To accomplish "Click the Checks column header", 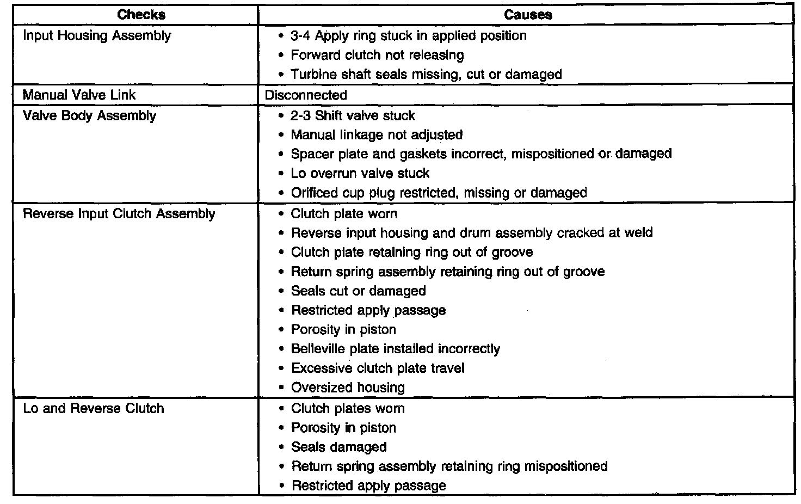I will (x=141, y=15).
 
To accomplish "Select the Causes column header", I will (x=527, y=15).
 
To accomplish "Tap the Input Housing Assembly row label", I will (x=97, y=36).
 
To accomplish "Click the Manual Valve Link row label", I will (x=79, y=95).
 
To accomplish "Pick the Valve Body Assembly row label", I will (x=89, y=116).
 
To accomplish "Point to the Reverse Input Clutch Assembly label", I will (x=119, y=214).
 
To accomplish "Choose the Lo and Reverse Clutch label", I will (x=93, y=409).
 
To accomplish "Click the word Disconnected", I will (x=306, y=95).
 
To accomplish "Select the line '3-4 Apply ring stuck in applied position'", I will (x=408, y=36).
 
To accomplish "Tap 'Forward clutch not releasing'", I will (x=377, y=56).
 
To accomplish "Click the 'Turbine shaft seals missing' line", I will (x=426, y=75).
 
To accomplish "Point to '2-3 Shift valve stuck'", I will (x=353, y=116).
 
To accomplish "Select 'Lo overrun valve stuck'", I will (x=360, y=174).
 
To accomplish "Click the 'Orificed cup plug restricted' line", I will (x=439, y=193).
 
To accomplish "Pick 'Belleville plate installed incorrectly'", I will (x=395, y=349).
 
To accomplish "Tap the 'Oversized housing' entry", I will (x=348, y=388).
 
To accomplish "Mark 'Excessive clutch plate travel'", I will (x=378, y=368).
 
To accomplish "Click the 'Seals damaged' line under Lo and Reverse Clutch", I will (x=338, y=447).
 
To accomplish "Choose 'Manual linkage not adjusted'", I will (x=377, y=135).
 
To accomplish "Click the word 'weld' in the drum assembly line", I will (x=638, y=233).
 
